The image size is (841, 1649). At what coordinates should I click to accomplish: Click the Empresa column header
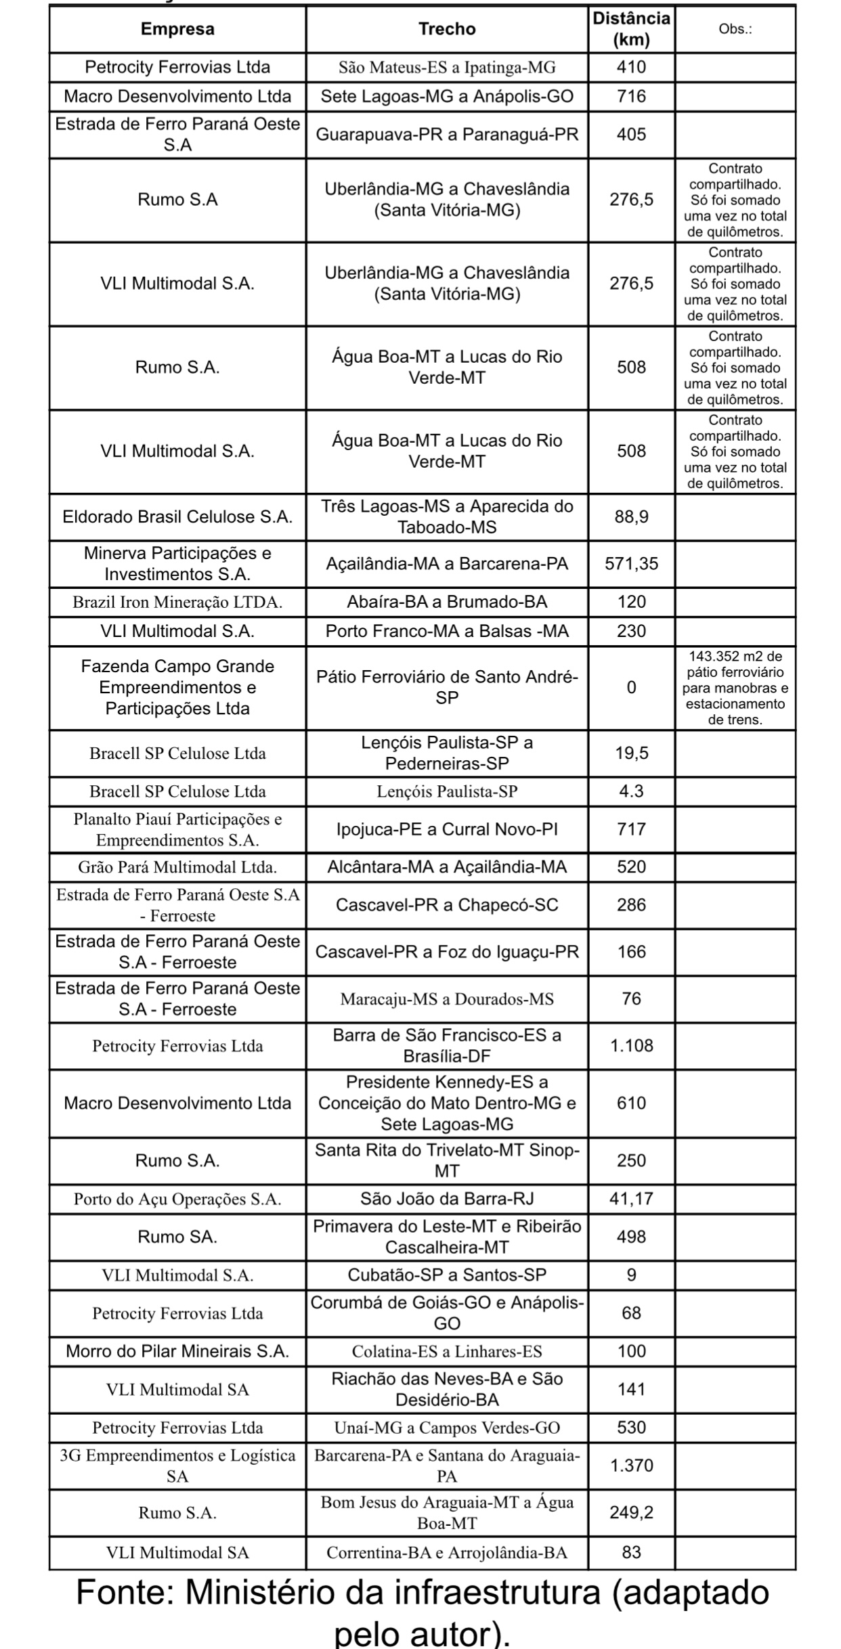[x=177, y=29]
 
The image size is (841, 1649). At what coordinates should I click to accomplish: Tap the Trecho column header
[x=447, y=29]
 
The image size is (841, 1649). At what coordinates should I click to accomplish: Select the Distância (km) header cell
[x=631, y=29]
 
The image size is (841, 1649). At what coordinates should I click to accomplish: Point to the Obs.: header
[x=735, y=29]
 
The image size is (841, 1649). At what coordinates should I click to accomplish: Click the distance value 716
[x=631, y=97]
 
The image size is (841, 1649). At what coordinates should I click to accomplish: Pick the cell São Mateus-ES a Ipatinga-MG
[x=447, y=68]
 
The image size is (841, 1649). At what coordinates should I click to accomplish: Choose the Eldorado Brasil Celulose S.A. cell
[x=177, y=517]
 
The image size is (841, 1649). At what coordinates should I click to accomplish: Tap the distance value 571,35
[x=631, y=564]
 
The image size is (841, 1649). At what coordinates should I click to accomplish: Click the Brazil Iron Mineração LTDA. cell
[x=177, y=602]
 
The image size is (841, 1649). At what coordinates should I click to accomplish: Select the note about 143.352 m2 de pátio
[x=735, y=688]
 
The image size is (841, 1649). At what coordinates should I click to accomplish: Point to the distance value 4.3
[x=631, y=791]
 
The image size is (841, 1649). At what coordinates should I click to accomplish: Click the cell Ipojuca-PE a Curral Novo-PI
[x=447, y=829]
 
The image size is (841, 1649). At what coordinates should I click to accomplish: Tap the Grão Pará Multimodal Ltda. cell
[x=177, y=867]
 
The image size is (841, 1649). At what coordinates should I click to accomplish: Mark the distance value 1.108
[x=631, y=1046]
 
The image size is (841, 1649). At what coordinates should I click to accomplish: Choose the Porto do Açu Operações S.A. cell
[x=177, y=1200]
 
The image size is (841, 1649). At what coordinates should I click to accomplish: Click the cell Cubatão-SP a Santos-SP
[x=447, y=1275]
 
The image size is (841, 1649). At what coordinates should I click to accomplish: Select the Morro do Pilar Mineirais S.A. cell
[x=177, y=1351]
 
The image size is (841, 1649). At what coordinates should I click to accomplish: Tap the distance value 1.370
[x=631, y=1466]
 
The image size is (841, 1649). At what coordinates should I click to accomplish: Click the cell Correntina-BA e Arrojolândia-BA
[x=447, y=1553]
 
